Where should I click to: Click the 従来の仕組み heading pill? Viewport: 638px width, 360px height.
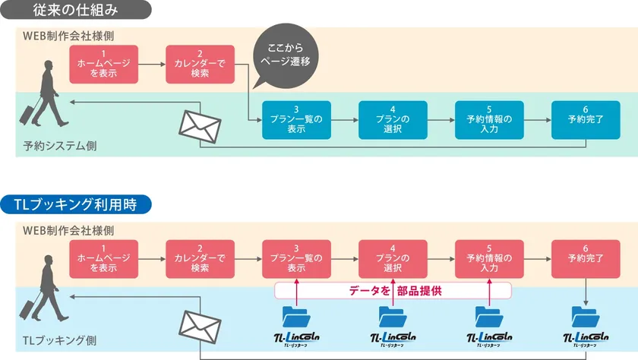(76, 11)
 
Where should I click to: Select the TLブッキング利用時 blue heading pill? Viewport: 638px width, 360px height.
(76, 204)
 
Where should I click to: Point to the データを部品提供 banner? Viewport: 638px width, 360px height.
(393, 290)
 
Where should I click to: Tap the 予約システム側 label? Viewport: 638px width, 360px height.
(54, 144)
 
